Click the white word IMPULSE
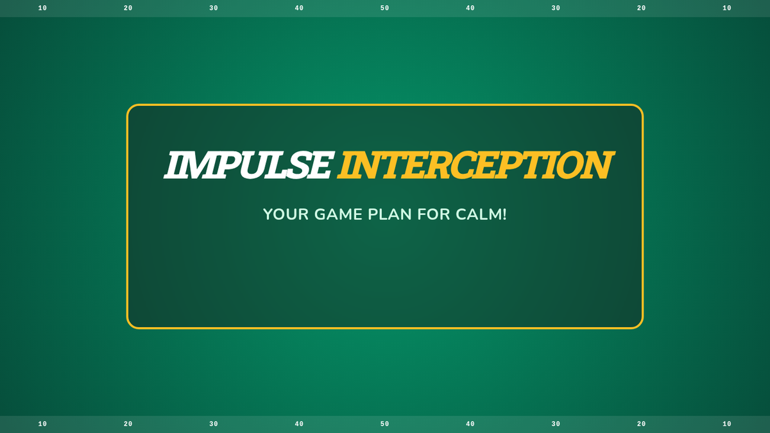(249, 165)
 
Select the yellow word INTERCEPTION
(476, 165)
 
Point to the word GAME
(338, 214)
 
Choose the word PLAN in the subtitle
(390, 214)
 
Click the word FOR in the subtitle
(434, 214)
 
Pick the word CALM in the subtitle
(478, 214)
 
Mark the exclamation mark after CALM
(504, 214)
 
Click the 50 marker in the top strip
(384, 8)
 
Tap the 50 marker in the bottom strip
(384, 424)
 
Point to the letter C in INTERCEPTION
(465, 166)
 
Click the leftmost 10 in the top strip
(42, 8)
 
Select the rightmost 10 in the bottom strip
(726, 424)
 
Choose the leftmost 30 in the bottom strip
(214, 424)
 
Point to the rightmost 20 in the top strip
(641, 8)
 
